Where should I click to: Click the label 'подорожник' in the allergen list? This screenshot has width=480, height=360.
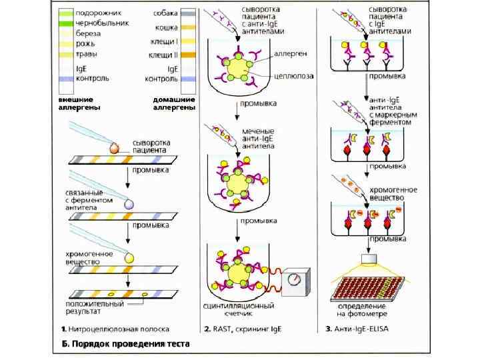click(93, 13)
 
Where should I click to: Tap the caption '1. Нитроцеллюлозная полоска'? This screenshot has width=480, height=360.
click(115, 329)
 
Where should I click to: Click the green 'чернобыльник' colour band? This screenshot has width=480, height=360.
click(65, 23)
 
